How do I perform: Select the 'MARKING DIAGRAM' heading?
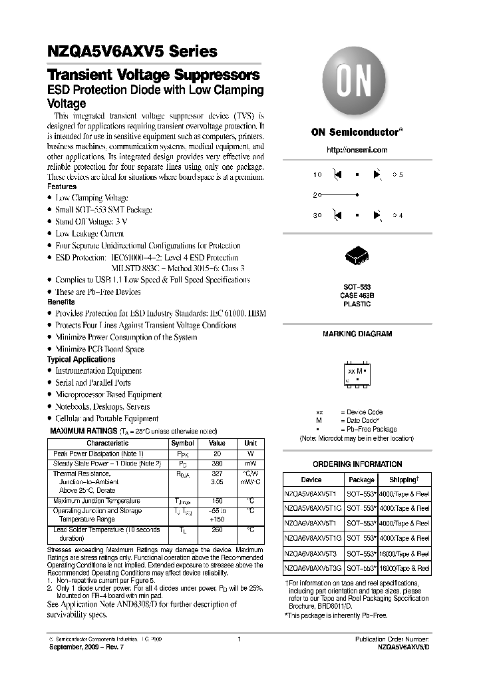click(357, 334)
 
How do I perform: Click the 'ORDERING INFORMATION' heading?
click(357, 464)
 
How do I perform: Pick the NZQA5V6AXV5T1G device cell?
click(312, 508)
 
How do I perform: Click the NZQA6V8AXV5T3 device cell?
click(311, 553)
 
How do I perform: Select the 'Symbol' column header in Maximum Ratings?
click(182, 443)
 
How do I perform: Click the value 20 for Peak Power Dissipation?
click(217, 454)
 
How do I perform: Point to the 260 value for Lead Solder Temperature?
click(217, 530)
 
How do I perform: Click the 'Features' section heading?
click(62, 187)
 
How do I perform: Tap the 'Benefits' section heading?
click(61, 302)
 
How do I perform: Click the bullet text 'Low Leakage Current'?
click(90, 234)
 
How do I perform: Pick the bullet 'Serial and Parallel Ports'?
click(93, 383)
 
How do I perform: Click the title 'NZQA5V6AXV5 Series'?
click(132, 51)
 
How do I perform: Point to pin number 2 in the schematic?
click(315, 195)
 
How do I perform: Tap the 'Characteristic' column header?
click(107, 443)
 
